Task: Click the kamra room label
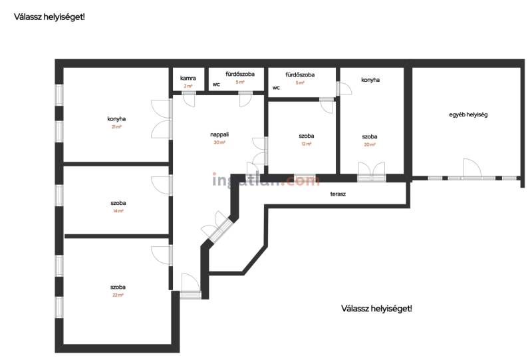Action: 188,78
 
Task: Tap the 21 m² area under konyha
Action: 116,126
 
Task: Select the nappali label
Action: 219,134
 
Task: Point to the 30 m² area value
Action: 219,142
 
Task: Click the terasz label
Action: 338,194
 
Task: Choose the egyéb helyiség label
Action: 468,115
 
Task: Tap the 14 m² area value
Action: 118,211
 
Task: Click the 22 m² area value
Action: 118,295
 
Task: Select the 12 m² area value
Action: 307,144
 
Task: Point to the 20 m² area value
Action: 370,144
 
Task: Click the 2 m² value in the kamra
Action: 188,86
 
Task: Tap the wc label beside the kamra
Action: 216,85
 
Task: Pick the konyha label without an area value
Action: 370,80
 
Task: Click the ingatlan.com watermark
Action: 266,180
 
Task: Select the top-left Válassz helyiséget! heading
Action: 49,17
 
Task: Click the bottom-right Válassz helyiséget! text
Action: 376,309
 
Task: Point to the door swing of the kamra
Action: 189,99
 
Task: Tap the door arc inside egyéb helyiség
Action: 472,168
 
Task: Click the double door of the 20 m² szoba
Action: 372,171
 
